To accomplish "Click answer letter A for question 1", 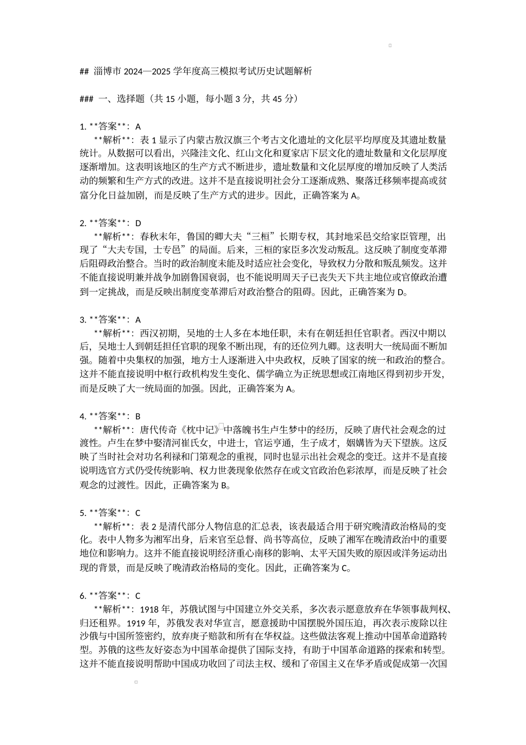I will (x=138, y=127).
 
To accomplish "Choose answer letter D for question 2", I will (x=138, y=223).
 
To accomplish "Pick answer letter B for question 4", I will (x=138, y=416).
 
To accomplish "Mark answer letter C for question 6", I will (x=138, y=596).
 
